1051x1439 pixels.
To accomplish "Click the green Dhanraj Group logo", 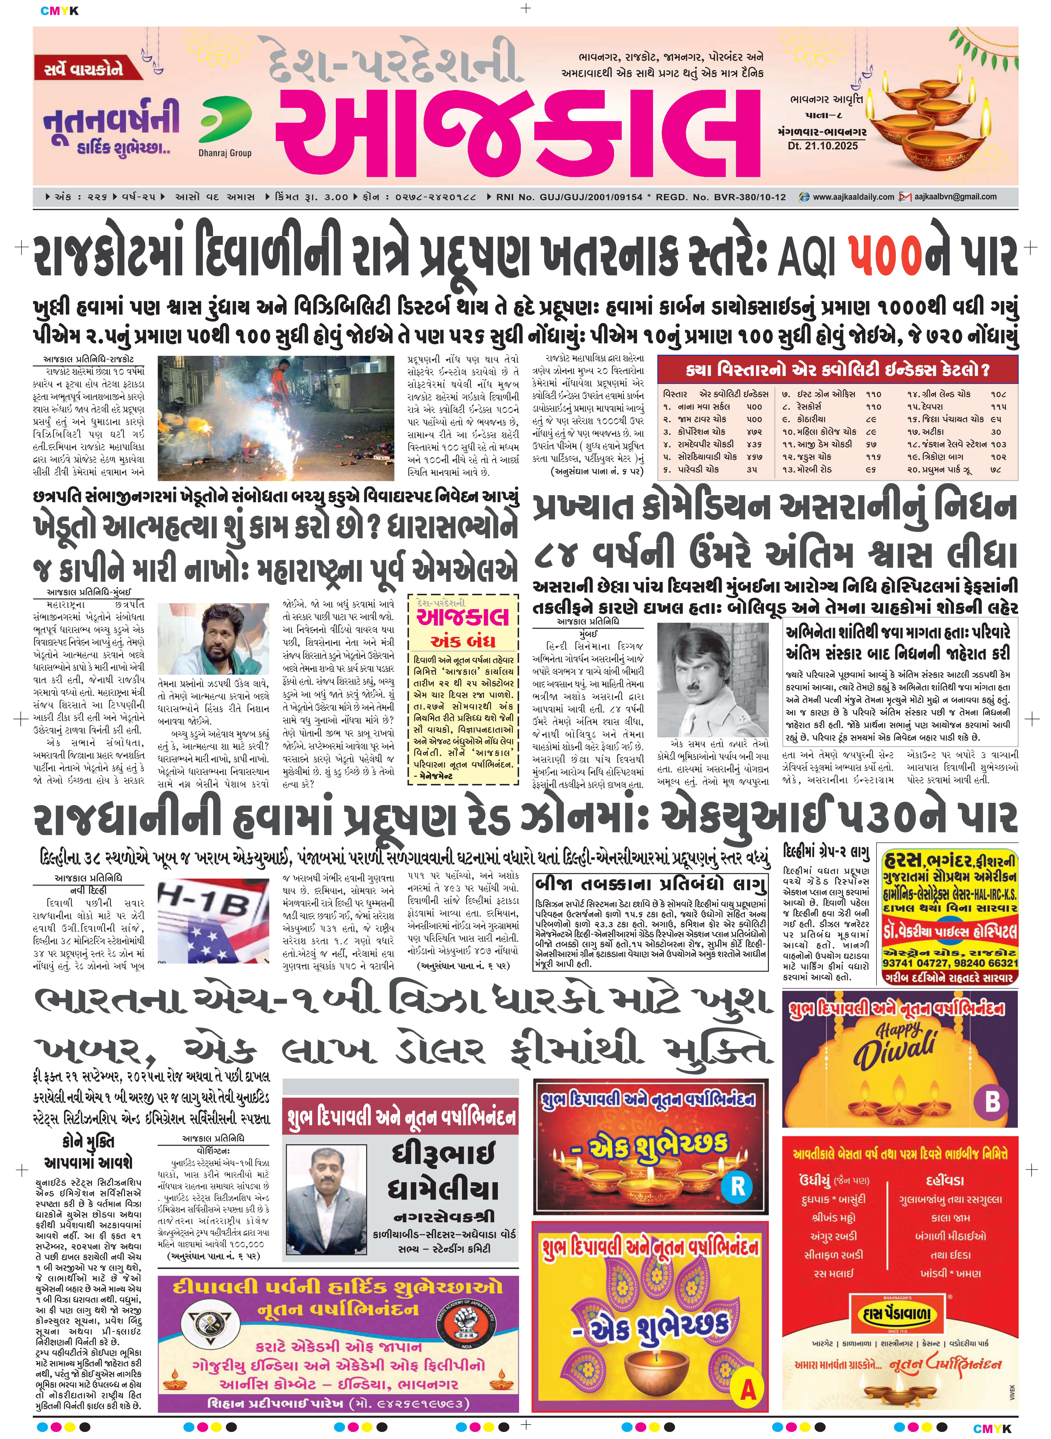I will pyautogui.click(x=224, y=121).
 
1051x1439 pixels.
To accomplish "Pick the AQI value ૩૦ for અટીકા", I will pyautogui.click(x=996, y=431).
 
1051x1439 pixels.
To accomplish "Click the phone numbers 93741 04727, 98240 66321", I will pyautogui.click(x=950, y=964).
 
